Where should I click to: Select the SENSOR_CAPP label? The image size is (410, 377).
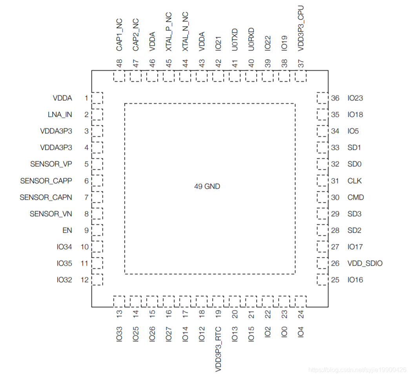[x=46, y=181]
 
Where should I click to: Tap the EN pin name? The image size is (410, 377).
[x=67, y=230]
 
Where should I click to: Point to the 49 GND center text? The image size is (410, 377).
[x=207, y=186]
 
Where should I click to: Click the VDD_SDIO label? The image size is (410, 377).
[x=365, y=263]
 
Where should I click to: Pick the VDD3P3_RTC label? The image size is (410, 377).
[x=218, y=349]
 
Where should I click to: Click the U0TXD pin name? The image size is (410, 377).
[x=235, y=39]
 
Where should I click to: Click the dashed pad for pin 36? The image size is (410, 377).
[x=322, y=98]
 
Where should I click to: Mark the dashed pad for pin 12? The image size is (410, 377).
[x=97, y=280]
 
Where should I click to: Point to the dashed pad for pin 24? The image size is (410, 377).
[x=301, y=301]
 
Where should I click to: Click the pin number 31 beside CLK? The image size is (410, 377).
[x=335, y=181]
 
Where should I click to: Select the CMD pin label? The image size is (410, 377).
[x=355, y=197]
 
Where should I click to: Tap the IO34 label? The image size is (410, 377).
[x=64, y=247]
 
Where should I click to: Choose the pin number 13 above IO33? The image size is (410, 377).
[x=119, y=314]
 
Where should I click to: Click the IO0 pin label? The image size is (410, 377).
[x=284, y=333]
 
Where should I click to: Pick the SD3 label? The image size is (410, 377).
[x=354, y=214]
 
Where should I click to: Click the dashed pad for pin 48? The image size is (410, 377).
[x=119, y=76]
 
